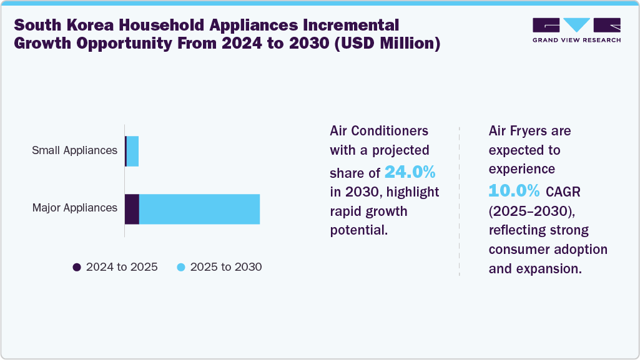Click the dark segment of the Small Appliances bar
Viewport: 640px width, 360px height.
[x=126, y=151]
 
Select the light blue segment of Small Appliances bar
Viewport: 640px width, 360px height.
[x=132, y=151]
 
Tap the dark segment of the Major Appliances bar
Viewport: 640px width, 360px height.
[x=132, y=209]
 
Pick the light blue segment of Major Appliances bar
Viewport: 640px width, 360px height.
[x=199, y=209]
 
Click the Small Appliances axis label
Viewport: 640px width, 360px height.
[x=75, y=150]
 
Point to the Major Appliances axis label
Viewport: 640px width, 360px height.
[x=75, y=208]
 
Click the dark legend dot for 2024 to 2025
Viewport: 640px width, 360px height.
[x=77, y=267]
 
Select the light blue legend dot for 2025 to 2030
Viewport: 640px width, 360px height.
[x=181, y=267]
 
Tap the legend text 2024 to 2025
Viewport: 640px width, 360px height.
[x=122, y=267]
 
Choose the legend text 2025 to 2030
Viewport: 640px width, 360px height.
[x=226, y=267]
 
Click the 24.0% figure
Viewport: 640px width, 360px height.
[x=410, y=172]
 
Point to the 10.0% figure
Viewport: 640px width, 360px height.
[x=514, y=190]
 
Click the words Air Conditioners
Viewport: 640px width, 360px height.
[x=379, y=131]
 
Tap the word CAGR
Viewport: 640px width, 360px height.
[x=564, y=191]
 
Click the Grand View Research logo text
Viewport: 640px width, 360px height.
[x=576, y=40]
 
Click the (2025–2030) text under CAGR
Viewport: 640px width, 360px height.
[x=523, y=210]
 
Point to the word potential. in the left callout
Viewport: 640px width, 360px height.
[x=359, y=230]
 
